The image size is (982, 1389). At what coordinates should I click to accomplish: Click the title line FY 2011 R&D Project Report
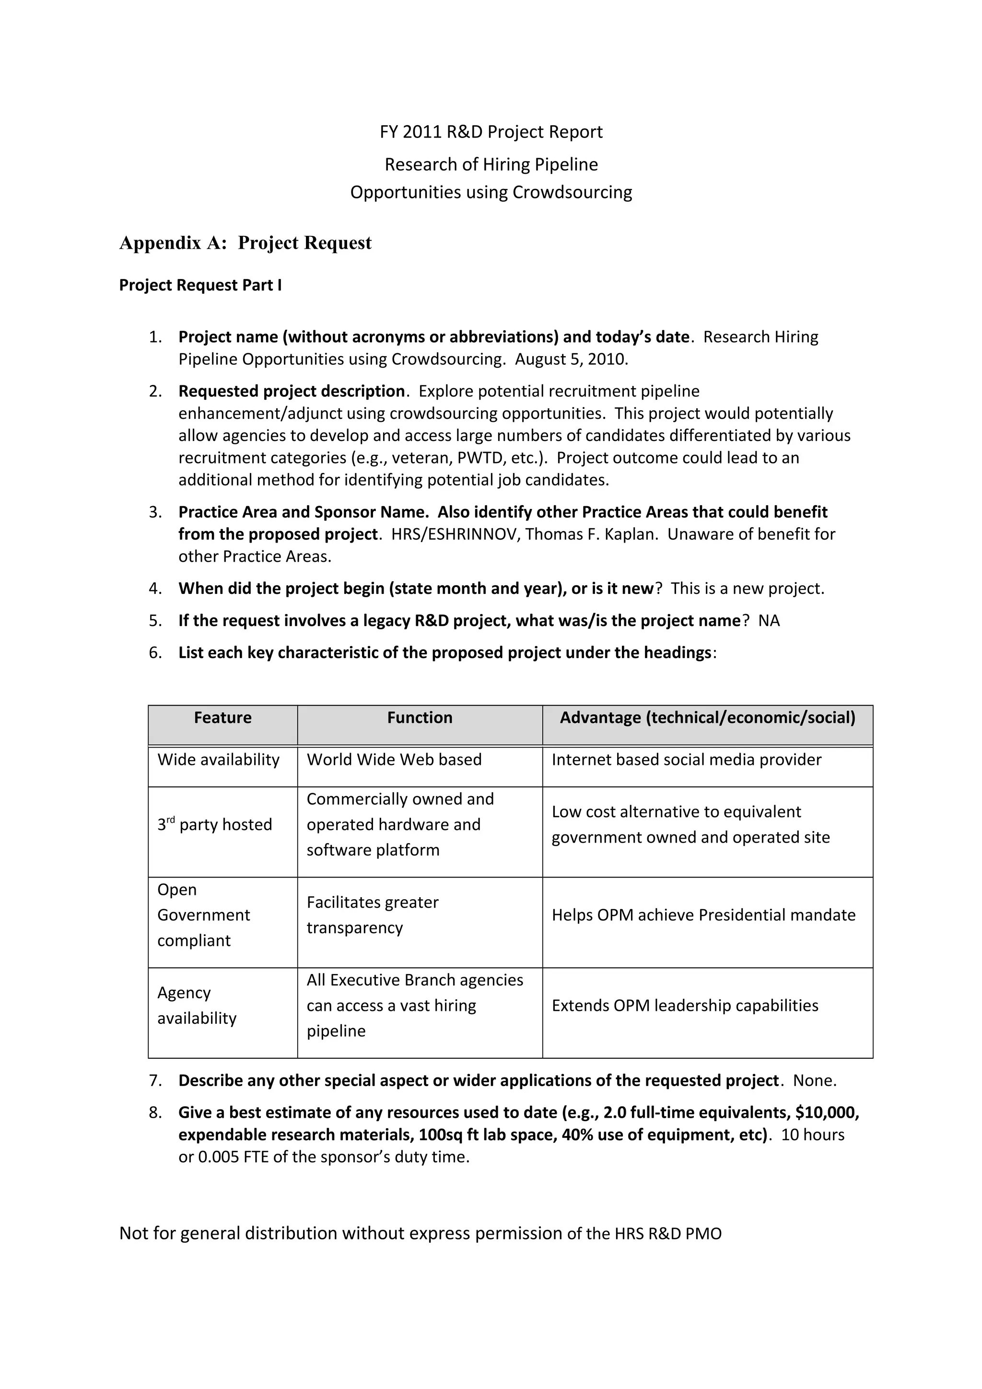pos(491,132)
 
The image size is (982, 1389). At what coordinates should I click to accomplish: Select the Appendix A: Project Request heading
pos(245,243)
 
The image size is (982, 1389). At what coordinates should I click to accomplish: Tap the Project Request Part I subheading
pos(200,285)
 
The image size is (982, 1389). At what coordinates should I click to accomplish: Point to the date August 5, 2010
pos(571,359)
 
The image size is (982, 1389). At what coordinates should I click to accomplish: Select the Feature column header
pos(222,718)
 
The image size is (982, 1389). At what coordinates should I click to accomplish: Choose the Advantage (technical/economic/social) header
pos(707,718)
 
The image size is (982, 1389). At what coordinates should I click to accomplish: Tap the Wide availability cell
pos(219,760)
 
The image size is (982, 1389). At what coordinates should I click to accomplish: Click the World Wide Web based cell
pos(394,760)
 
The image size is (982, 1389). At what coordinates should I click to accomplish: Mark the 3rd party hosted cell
pos(215,824)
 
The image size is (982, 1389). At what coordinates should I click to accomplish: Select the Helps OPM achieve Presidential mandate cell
pos(703,915)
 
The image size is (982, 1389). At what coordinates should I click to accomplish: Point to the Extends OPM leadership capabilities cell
pos(684,1006)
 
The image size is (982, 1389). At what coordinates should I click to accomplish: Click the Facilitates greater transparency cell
pos(372,915)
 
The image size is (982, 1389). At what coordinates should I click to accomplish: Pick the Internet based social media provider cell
pos(686,760)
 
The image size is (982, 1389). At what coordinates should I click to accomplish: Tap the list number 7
pos(155,1081)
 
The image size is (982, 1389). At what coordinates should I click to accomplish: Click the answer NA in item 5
pos(769,621)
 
